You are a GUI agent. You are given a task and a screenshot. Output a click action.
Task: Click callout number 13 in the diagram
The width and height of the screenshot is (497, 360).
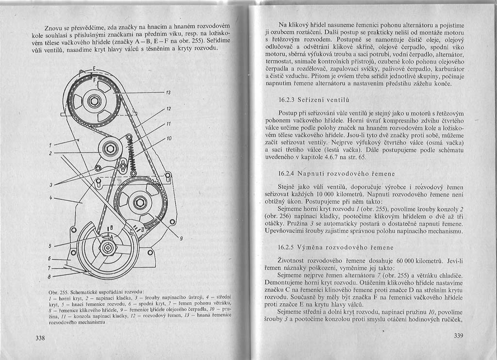point(168,92)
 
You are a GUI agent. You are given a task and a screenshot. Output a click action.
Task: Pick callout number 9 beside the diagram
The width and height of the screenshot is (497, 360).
point(181,238)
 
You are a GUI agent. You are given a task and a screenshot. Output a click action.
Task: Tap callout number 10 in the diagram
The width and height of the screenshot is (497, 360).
point(169,139)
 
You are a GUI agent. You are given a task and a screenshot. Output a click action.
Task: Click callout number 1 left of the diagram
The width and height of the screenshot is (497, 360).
point(50,145)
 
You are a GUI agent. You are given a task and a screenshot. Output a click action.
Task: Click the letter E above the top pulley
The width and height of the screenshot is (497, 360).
point(94,67)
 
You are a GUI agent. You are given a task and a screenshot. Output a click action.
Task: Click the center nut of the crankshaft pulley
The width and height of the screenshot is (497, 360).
point(107,247)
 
